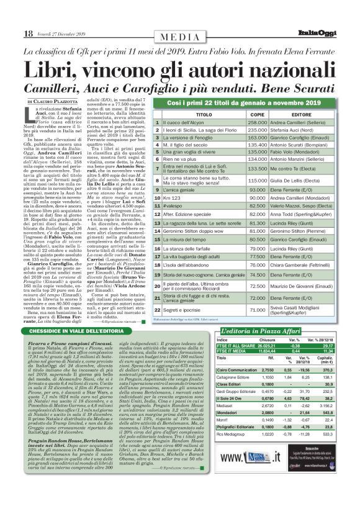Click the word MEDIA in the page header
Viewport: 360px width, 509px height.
[x=179, y=38]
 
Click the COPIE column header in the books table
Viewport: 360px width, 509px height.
[x=256, y=115]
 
